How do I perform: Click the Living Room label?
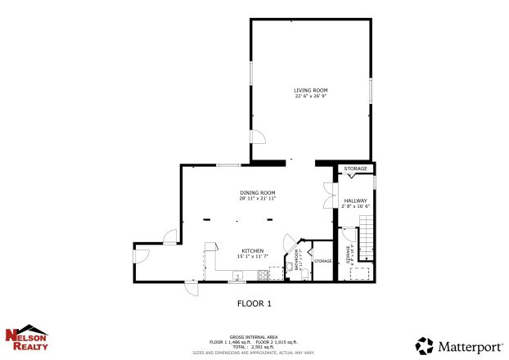click(x=310, y=90)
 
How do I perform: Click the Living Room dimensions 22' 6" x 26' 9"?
click(x=310, y=96)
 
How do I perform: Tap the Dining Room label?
click(x=257, y=192)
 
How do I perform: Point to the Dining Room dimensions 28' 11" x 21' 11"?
click(x=257, y=198)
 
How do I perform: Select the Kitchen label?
click(x=251, y=250)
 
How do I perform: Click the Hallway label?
click(x=354, y=200)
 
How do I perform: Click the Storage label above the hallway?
click(x=355, y=169)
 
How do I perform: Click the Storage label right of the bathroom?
click(x=322, y=261)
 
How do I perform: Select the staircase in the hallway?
click(x=367, y=241)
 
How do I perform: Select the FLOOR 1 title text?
click(x=254, y=304)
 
